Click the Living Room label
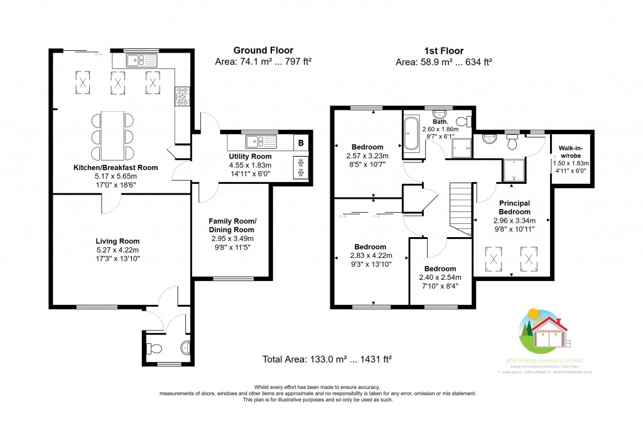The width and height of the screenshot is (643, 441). (117, 241)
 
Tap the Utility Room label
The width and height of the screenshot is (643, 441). (249, 156)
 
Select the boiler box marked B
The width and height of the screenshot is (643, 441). (301, 143)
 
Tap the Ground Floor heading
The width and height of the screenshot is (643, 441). (263, 50)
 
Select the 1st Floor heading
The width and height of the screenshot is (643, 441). (443, 50)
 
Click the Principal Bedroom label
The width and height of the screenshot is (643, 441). (514, 208)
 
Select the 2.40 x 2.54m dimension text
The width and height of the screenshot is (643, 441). (440, 277)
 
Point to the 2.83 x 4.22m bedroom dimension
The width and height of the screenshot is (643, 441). (370, 255)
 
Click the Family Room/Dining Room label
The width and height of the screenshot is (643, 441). (232, 226)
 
